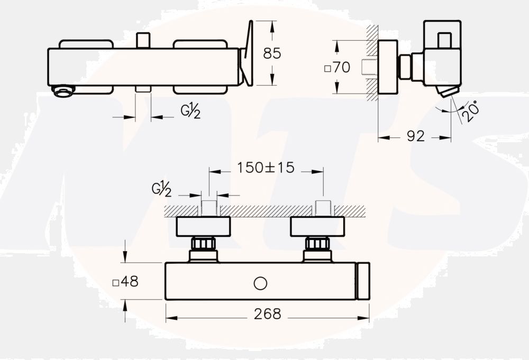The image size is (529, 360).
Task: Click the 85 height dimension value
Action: (272, 53)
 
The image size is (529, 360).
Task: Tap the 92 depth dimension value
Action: (415, 136)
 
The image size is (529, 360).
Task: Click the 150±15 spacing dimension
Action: (266, 168)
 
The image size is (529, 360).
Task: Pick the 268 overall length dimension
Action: (267, 314)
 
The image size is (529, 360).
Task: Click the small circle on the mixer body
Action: (260, 284)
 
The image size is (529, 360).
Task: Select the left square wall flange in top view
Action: (203, 226)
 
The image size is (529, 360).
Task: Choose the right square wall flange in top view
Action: (317, 226)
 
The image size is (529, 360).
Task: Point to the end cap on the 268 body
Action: (363, 281)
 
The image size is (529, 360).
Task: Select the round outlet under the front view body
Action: (63, 91)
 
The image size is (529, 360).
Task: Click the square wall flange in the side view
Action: (388, 67)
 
